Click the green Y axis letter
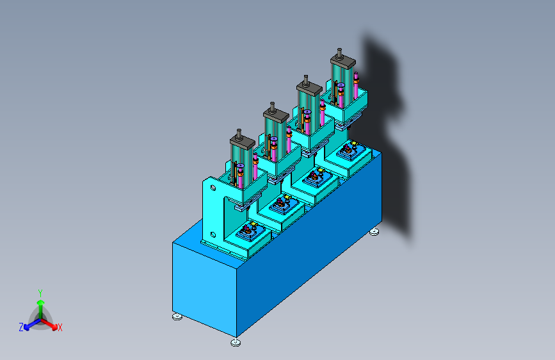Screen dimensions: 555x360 click(x=40, y=293)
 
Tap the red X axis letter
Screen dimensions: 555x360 click(x=60, y=328)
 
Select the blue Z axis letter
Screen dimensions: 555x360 click(x=21, y=327)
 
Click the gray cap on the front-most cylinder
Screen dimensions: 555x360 click(x=243, y=142)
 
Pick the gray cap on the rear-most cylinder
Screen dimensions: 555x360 click(x=343, y=62)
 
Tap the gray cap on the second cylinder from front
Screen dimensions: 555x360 click(x=276, y=115)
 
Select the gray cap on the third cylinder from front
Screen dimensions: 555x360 click(x=309, y=88)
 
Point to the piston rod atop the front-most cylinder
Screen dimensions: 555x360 click(x=239, y=134)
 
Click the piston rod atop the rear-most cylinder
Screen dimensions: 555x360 click(x=339, y=53)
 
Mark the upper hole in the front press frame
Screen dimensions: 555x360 click(x=213, y=187)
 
